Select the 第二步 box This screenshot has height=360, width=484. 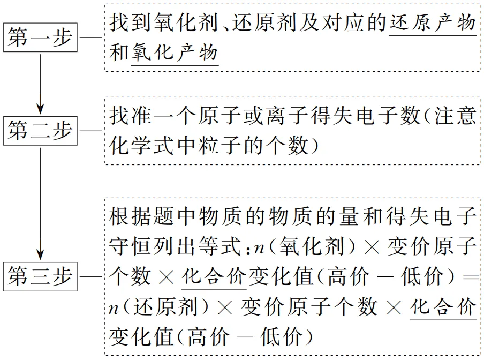[40, 130]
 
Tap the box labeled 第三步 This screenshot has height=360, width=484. [40, 276]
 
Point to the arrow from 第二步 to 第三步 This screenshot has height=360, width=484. [40, 204]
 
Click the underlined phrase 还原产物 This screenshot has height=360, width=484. [433, 24]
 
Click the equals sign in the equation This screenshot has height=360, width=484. [469, 277]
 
